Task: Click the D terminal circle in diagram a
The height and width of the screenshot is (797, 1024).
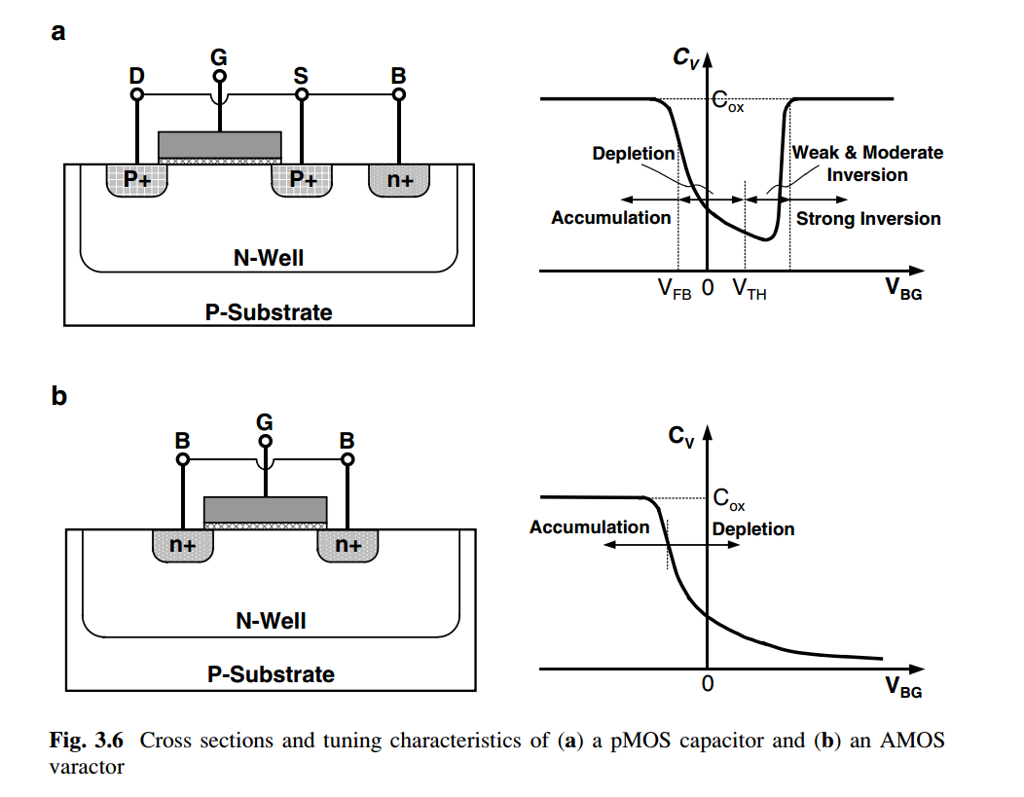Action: click(x=136, y=94)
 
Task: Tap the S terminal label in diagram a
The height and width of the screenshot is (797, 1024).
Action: click(x=301, y=76)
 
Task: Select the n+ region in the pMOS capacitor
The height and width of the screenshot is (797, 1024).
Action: click(x=399, y=179)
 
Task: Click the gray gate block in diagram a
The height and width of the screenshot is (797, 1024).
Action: click(x=220, y=145)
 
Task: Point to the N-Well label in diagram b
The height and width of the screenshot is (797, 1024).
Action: click(x=271, y=620)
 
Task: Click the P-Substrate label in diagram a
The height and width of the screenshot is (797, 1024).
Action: click(x=269, y=312)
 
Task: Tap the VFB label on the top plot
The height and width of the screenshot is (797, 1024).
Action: click(x=675, y=288)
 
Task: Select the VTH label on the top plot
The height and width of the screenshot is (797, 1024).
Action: click(x=750, y=288)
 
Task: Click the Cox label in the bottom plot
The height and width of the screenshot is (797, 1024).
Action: click(x=729, y=499)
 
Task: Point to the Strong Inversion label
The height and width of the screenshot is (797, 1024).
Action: click(x=868, y=219)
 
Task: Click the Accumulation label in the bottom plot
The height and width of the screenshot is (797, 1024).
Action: click(x=589, y=526)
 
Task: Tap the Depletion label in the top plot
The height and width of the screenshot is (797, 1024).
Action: click(x=634, y=154)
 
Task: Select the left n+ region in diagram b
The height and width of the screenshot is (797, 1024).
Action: click(x=183, y=545)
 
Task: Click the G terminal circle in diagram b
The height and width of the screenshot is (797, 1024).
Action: click(x=265, y=441)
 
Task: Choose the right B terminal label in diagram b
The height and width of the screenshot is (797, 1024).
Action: click(x=347, y=441)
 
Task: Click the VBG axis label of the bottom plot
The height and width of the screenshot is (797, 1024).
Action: click(x=903, y=687)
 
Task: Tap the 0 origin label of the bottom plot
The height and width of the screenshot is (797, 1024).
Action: click(x=708, y=683)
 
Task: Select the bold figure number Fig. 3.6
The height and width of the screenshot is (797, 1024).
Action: click(x=87, y=741)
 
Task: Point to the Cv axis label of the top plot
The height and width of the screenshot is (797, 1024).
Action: click(x=685, y=57)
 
